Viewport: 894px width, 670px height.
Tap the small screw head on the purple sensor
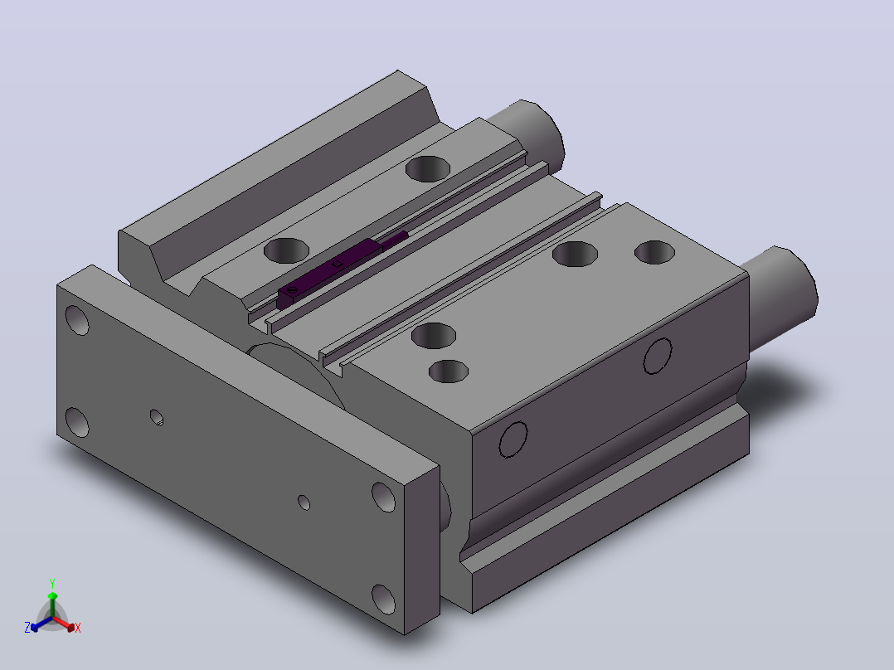(x=294, y=290)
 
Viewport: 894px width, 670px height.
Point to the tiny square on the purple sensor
(x=337, y=264)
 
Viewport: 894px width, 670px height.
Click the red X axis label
(x=78, y=628)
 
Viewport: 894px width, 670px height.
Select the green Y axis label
(x=52, y=583)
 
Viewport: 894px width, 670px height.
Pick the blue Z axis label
(x=27, y=628)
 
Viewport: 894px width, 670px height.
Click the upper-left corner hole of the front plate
(x=78, y=320)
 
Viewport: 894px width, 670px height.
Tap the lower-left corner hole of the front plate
(x=78, y=422)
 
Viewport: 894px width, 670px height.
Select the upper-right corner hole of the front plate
(x=384, y=498)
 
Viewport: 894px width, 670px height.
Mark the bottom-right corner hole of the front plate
(x=384, y=600)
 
